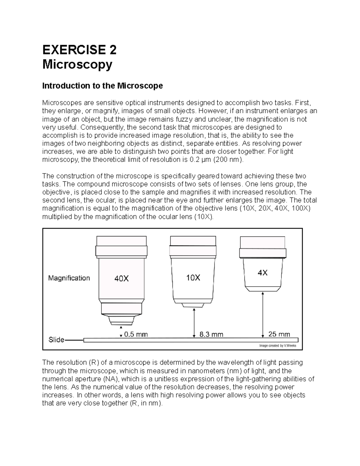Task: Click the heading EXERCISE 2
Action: tap(79, 50)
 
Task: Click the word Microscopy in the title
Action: tap(77, 64)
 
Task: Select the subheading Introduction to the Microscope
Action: tap(102, 86)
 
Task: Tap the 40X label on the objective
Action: tap(121, 279)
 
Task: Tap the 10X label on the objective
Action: tap(193, 278)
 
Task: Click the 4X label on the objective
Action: tap(262, 273)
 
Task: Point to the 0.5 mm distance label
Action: tap(136, 334)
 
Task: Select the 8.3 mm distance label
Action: tap(211, 334)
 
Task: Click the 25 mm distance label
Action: tap(279, 334)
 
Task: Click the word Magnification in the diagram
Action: tap(69, 278)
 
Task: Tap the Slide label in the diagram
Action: tap(56, 340)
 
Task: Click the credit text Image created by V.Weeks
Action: tap(277, 346)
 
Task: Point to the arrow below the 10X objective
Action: tap(194, 323)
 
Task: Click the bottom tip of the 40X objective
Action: tap(121, 323)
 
